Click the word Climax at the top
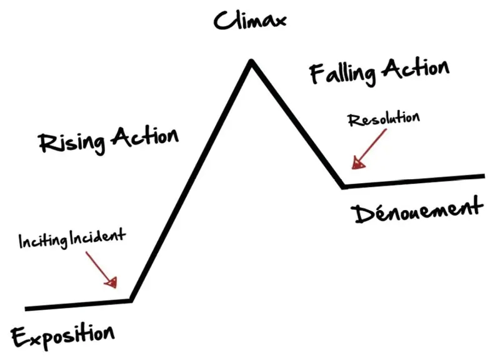(x=250, y=20)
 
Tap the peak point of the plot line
(x=251, y=61)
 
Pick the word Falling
(x=343, y=74)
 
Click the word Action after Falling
(x=416, y=68)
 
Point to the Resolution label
(x=384, y=119)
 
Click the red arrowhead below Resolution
(x=357, y=164)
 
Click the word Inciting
(x=42, y=239)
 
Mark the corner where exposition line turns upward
(x=131, y=300)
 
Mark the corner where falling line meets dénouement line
(x=343, y=186)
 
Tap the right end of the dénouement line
(x=483, y=176)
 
